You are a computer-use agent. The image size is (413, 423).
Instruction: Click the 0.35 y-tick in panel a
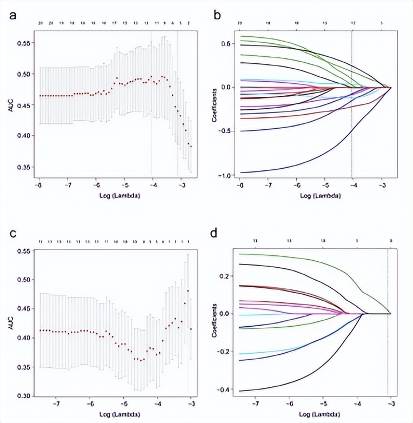pos(24,167)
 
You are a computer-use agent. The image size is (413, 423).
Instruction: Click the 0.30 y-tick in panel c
pos(24,396)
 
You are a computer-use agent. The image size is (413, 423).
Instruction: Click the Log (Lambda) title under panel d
pos(319,415)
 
